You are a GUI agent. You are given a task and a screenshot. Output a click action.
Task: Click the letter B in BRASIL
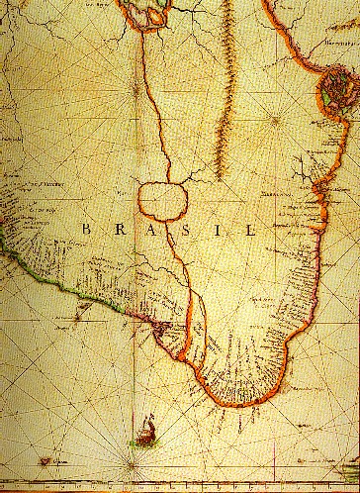click(86, 229)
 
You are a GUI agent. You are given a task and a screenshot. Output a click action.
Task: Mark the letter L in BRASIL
click(249, 229)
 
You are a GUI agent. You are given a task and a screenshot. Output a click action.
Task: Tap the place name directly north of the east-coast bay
click(336, 69)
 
